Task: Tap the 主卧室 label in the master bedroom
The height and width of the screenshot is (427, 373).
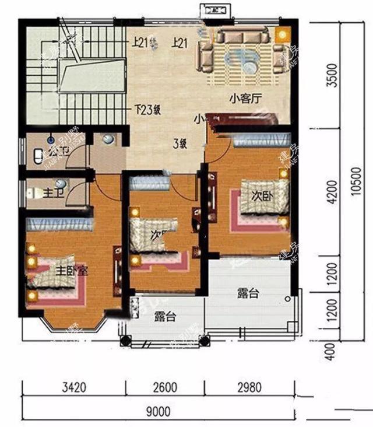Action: click(72, 271)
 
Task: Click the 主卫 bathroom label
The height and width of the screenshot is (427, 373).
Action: click(39, 191)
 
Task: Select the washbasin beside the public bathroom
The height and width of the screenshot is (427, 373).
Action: click(108, 139)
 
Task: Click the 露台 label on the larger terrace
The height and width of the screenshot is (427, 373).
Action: click(248, 293)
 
